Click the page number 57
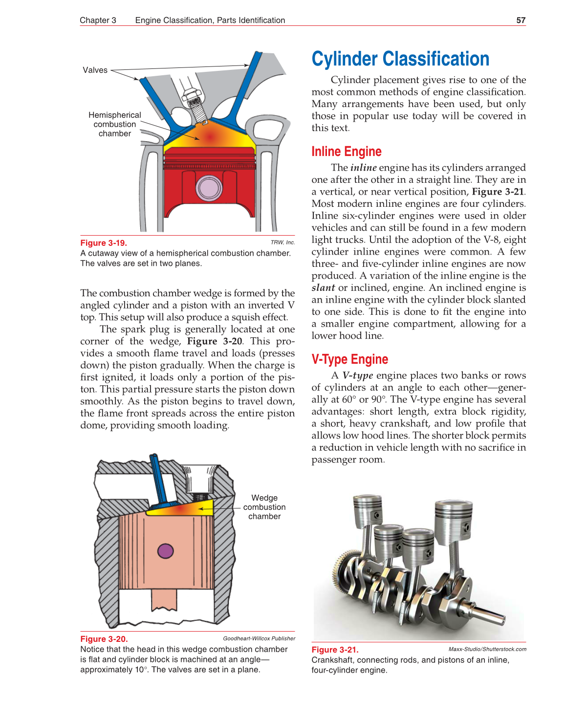(x=521, y=20)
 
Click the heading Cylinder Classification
(x=400, y=59)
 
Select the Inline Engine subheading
(x=346, y=152)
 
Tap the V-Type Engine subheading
(x=349, y=359)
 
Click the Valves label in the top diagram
(x=95, y=70)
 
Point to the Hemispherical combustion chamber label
(x=114, y=124)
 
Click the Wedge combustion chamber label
(x=264, y=507)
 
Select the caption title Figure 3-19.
(x=104, y=243)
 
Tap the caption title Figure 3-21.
(x=335, y=650)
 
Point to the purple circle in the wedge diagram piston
(x=166, y=551)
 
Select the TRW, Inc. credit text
(x=282, y=242)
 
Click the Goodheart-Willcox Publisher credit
(x=259, y=638)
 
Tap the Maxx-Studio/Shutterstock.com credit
(x=487, y=649)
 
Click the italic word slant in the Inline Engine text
(x=324, y=287)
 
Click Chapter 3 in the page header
(x=98, y=20)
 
